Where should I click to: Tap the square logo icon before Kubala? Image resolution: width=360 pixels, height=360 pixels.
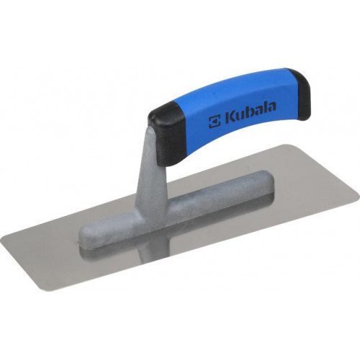214,121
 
